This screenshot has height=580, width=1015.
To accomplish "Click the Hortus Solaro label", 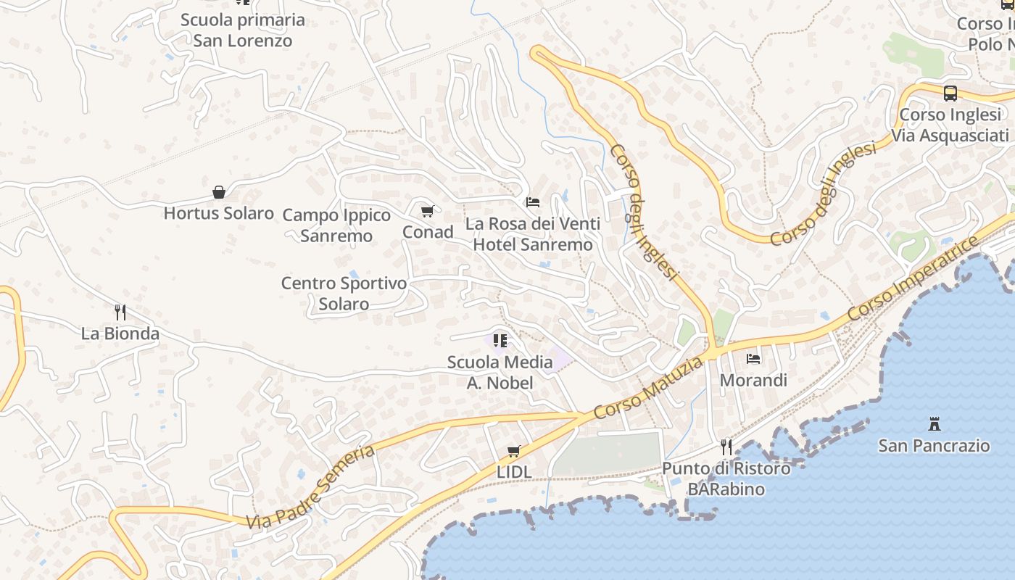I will [x=218, y=213].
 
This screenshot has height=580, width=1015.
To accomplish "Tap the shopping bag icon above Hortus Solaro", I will [x=218, y=192].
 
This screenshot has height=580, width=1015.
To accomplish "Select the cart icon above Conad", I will [x=428, y=211].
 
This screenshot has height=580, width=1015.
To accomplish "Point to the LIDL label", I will [x=514, y=472].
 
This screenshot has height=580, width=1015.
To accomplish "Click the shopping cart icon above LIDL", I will [x=514, y=451].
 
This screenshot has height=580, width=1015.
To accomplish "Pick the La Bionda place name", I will [x=120, y=333].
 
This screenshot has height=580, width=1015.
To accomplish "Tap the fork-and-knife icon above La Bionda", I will [x=120, y=312].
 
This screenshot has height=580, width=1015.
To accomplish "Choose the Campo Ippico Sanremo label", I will [x=336, y=225].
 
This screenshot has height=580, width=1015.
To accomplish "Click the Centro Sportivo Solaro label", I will [x=344, y=294].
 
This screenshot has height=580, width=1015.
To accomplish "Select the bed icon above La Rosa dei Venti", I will [x=533, y=202].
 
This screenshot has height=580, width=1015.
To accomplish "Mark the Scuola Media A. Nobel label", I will [x=500, y=372].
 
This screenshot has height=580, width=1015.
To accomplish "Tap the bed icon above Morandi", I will [x=753, y=358].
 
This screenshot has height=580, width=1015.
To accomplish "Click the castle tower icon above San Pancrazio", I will [x=934, y=423].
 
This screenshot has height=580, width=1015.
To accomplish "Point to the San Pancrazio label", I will [x=934, y=445].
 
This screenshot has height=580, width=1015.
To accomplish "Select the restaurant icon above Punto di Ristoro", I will [x=726, y=447].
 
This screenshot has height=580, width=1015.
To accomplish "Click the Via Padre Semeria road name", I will [x=310, y=487].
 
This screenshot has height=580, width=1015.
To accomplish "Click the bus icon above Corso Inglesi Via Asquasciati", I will [x=950, y=93].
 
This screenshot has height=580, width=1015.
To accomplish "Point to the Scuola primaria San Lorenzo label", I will [x=243, y=30].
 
